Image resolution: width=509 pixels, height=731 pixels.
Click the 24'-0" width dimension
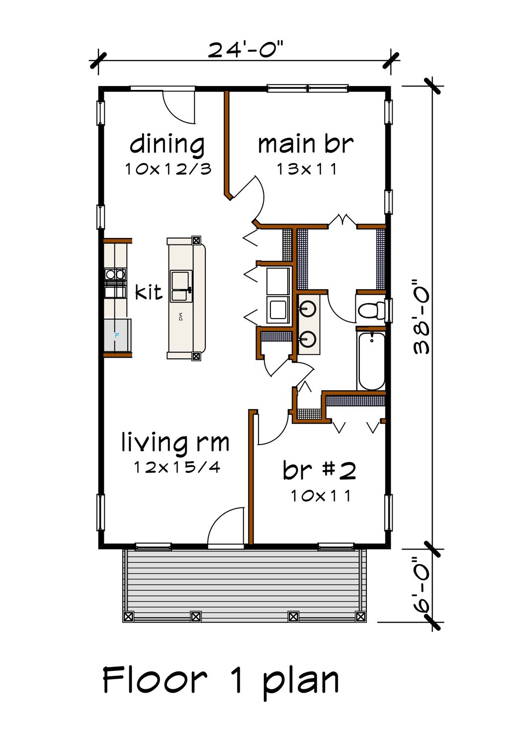[x=245, y=50]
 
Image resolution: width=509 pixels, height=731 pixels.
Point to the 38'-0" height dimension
[x=422, y=317]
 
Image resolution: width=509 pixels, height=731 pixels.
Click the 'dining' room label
[x=167, y=145]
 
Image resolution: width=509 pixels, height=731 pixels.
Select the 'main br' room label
[x=305, y=144]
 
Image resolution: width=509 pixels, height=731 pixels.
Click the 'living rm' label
[x=175, y=442]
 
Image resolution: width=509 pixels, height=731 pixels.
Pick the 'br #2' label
[x=319, y=470]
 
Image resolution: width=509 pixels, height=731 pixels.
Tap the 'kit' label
[x=149, y=292]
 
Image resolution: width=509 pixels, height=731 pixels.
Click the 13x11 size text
[x=307, y=169]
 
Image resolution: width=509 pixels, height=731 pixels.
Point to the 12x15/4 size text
[x=177, y=467]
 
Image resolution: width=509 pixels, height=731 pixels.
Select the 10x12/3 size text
[x=168, y=169]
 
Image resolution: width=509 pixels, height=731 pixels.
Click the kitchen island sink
[x=180, y=286]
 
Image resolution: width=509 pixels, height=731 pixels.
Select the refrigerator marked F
[x=117, y=335]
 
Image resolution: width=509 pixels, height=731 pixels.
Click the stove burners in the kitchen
[x=115, y=274]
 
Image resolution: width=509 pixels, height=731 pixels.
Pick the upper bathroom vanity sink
[x=308, y=309]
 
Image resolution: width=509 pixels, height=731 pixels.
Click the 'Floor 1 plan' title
[x=221, y=680]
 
